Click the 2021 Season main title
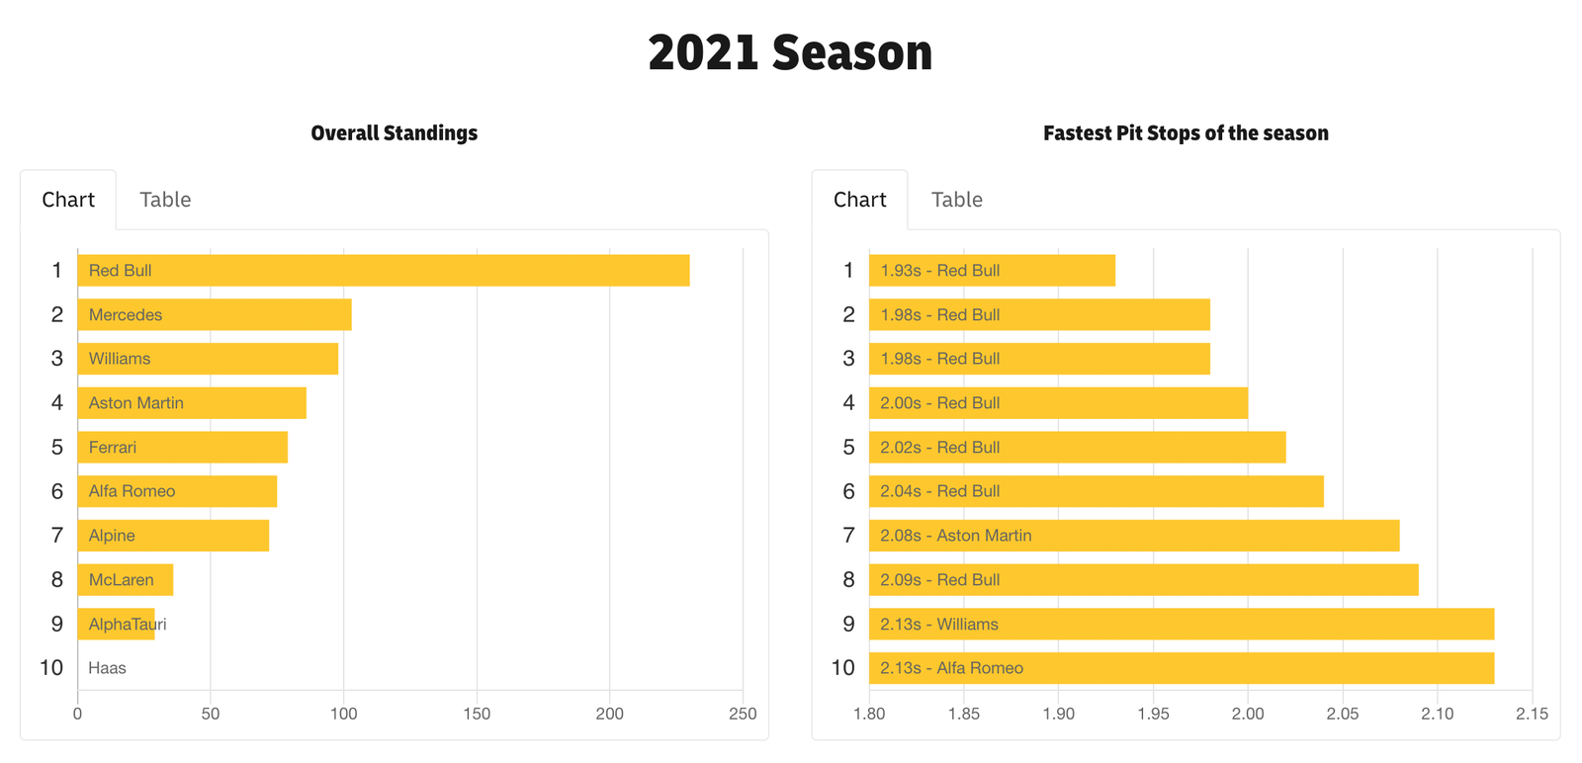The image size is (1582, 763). tap(790, 53)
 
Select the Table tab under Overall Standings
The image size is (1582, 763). tap(165, 200)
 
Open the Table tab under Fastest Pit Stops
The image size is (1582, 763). tap(956, 200)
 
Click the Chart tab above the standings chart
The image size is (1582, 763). tap(68, 200)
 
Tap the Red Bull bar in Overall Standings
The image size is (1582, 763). tap(383, 271)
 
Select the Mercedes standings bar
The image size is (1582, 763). tap(214, 315)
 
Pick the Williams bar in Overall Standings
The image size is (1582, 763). tap(208, 359)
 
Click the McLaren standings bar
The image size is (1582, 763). tap(125, 580)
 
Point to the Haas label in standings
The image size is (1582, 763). tap(107, 668)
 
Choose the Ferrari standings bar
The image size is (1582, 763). tap(182, 448)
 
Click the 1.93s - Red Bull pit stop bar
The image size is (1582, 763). tap(992, 271)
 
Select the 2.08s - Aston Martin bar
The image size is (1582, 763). tap(1134, 536)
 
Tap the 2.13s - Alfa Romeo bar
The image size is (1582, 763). tap(1182, 668)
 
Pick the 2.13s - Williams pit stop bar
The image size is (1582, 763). tap(1182, 625)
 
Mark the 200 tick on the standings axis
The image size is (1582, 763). tap(609, 714)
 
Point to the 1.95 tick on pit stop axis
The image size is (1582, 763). tap(1153, 714)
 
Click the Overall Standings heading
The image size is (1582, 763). tap(394, 133)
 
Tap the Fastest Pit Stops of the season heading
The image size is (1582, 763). tap(1186, 133)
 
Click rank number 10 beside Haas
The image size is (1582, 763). tap(51, 668)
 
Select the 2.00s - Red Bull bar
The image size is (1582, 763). tap(1058, 403)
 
